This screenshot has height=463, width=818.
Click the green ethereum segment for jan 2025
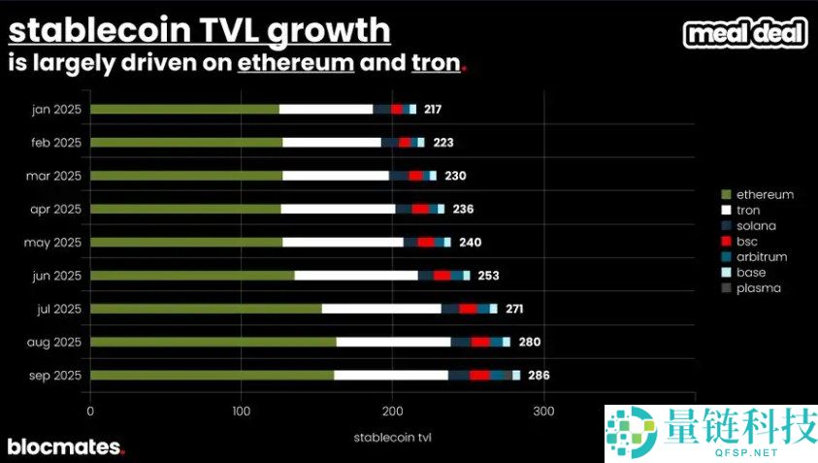tap(184, 110)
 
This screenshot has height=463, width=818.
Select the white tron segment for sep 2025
tap(391, 375)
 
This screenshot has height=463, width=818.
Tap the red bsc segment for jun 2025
tap(442, 276)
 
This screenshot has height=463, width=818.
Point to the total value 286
tap(539, 375)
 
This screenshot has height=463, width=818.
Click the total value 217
tap(433, 110)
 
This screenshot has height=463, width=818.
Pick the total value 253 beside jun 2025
tap(488, 276)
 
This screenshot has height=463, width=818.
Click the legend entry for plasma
tap(757, 288)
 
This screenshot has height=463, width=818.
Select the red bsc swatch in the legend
tap(725, 242)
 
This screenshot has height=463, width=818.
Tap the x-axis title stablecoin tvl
tap(393, 437)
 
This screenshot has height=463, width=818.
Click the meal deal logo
tap(745, 34)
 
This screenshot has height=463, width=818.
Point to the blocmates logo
tap(66, 447)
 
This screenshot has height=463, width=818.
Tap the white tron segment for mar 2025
tap(336, 176)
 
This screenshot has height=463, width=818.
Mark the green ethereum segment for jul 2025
tap(206, 309)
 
